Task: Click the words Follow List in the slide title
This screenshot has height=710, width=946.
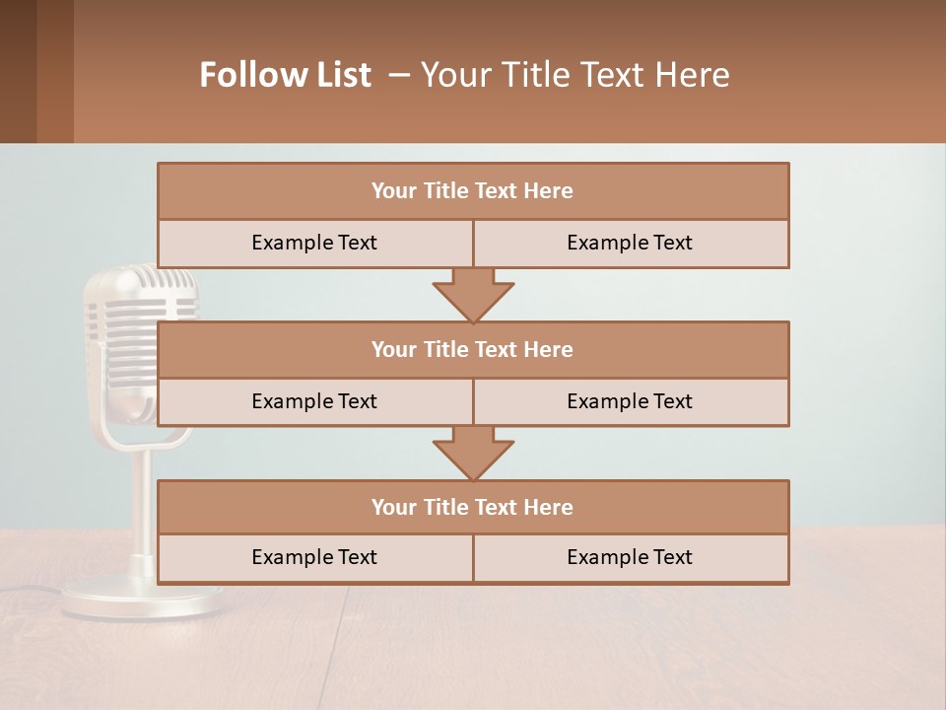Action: (x=285, y=75)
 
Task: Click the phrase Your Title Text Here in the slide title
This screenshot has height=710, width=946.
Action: (x=574, y=75)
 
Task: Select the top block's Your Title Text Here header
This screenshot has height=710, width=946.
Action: (x=472, y=191)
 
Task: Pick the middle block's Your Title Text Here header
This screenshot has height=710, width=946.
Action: (x=472, y=349)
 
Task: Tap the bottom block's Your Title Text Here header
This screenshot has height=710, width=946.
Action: (x=472, y=507)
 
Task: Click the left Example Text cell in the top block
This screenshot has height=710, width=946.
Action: (x=314, y=243)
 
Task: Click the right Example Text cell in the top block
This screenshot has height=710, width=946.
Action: (x=630, y=243)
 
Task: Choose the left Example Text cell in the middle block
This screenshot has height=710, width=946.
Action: (x=314, y=401)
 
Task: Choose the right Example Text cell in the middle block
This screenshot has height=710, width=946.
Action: (x=630, y=401)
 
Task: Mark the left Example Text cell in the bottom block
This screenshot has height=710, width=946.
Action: (x=314, y=557)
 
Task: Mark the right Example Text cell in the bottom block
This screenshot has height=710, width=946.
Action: (x=630, y=557)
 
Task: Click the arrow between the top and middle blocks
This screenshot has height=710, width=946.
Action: (x=473, y=296)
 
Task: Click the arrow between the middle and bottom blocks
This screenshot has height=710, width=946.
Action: (x=473, y=454)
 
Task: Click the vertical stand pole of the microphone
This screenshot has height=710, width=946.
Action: (x=143, y=503)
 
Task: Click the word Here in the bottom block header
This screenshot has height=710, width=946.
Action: (x=549, y=507)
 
